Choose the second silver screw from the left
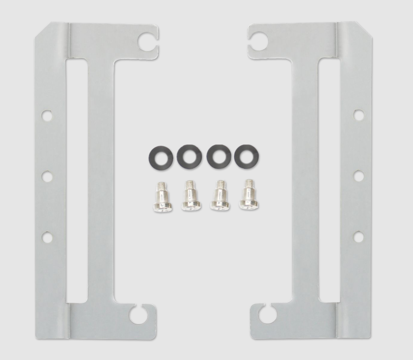(x=190, y=196)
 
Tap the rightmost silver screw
(x=248, y=195)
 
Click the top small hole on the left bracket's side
(x=47, y=116)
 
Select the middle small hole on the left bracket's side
(x=47, y=177)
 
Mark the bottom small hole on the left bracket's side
(x=47, y=237)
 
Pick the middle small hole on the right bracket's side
(x=358, y=176)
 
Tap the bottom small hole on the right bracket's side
(x=358, y=237)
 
